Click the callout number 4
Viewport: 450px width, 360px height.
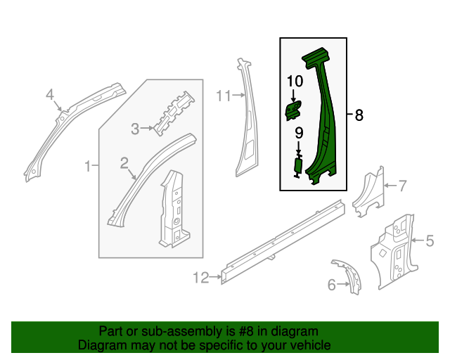pyautogui.click(x=49, y=94)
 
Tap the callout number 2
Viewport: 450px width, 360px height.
pyautogui.click(x=124, y=164)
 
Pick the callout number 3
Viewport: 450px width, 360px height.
pyautogui.click(x=136, y=128)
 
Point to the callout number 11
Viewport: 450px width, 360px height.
pyautogui.click(x=224, y=96)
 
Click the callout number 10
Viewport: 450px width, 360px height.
pyautogui.click(x=294, y=82)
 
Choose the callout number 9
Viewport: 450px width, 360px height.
pyautogui.click(x=298, y=132)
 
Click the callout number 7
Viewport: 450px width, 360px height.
pyautogui.click(x=402, y=186)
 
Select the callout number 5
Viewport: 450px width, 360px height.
pyautogui.click(x=430, y=241)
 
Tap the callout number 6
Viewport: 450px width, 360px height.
pyautogui.click(x=332, y=285)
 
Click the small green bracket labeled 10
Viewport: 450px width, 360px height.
pyautogui.click(x=292, y=109)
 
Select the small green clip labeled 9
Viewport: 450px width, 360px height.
pyautogui.click(x=297, y=166)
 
